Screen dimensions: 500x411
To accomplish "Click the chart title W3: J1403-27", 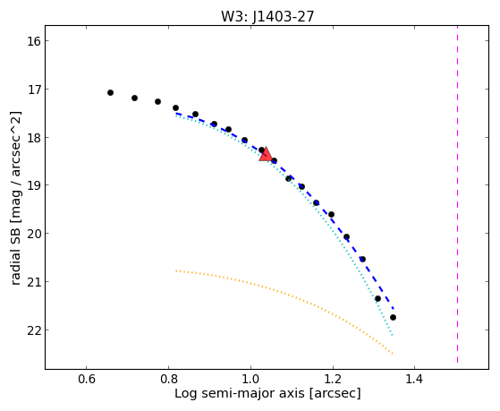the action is (267, 16).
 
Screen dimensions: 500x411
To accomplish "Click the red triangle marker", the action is (266, 155).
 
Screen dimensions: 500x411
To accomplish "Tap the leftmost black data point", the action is (110, 92).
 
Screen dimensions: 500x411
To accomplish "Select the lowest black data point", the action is (393, 318).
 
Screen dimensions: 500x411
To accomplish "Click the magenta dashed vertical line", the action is (457, 194).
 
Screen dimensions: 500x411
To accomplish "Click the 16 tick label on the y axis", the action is (33, 41).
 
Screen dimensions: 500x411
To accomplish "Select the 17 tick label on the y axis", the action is (33, 90).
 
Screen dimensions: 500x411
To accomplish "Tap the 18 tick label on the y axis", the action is (33, 137).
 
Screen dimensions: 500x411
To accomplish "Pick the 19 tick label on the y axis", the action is (33, 185).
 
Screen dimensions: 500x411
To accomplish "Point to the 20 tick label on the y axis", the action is (33, 234).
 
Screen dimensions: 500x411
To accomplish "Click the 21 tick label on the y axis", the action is (33, 282).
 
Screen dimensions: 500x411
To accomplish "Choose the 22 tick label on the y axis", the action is (33, 330).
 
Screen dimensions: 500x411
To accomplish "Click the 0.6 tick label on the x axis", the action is (87, 379).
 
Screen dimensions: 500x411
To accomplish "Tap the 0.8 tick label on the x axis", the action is (169, 379).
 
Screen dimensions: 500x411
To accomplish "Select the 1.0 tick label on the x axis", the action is (250, 379).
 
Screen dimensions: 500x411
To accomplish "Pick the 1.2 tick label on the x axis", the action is (333, 379).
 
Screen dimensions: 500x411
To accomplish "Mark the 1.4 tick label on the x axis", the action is (414, 379).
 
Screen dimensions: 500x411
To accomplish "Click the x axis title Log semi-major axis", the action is (240, 393).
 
